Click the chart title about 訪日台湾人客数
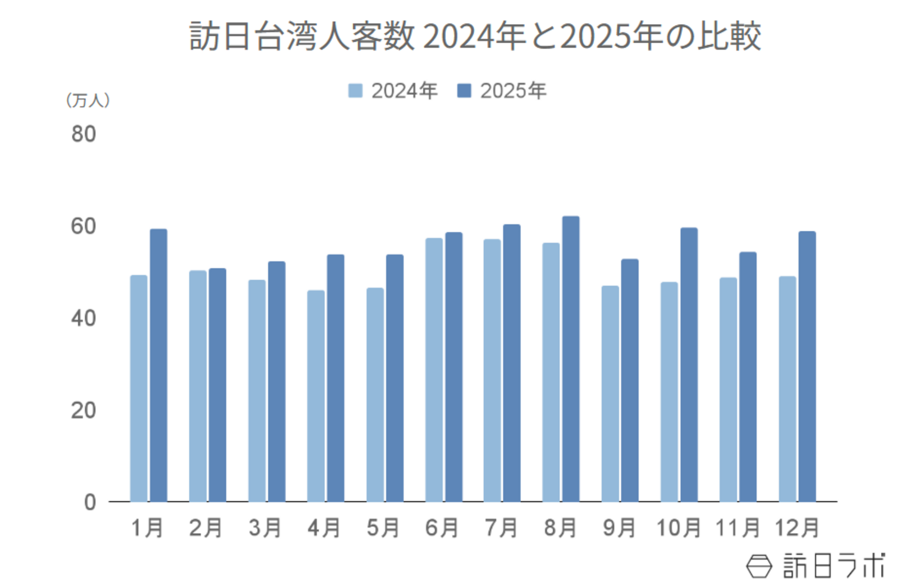tap(475, 36)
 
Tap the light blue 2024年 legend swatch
tap(355, 90)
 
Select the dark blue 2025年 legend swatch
tap(464, 90)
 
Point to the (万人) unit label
tap(88, 100)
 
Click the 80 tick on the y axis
tap(83, 134)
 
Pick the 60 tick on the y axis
tap(83, 226)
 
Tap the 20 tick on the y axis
tap(83, 410)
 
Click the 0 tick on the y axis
tap(90, 502)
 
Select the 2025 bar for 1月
tap(158, 365)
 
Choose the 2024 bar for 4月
tap(315, 396)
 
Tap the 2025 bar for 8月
tap(571, 359)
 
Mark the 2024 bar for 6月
tap(434, 370)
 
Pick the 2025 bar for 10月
tap(689, 365)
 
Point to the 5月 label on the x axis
tap(383, 528)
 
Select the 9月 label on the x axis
tap(619, 528)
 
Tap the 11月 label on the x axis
tap(737, 528)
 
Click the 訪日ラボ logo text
tap(833, 566)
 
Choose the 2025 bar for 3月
tap(276, 382)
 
